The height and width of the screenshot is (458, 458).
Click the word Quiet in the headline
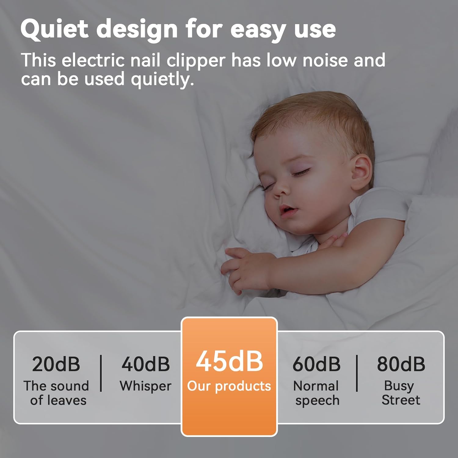(54, 29)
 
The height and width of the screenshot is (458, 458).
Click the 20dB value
(56, 364)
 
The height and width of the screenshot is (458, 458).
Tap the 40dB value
(146, 364)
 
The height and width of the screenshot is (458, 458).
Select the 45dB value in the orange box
(229, 361)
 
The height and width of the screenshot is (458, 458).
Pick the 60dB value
(316, 364)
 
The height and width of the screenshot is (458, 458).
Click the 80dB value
(401, 364)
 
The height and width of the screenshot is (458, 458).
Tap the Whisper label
(146, 386)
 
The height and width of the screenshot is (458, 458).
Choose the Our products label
(229, 387)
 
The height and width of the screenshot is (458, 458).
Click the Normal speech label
(317, 393)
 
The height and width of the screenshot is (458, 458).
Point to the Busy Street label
(401, 393)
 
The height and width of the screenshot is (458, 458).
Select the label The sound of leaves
(56, 393)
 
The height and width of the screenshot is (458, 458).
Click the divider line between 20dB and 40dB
(101, 373)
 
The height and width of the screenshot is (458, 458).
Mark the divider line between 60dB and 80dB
(357, 373)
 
